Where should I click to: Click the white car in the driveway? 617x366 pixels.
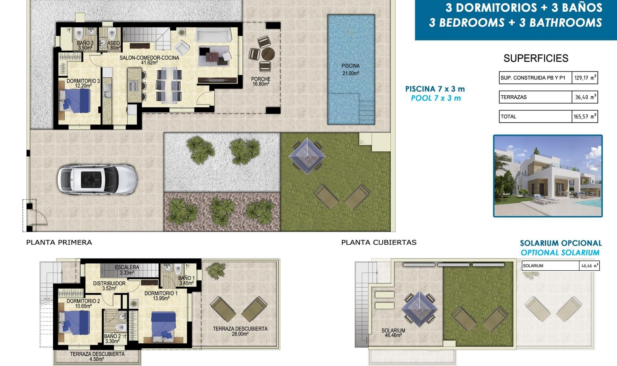[97, 179]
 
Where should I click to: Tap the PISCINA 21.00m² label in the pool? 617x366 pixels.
[350, 69]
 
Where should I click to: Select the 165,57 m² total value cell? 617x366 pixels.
[584, 117]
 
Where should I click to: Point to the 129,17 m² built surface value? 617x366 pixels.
[584, 78]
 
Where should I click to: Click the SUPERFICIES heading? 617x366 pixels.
[536, 58]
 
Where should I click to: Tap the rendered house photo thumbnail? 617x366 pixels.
[548, 176]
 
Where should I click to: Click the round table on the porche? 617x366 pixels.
[268, 54]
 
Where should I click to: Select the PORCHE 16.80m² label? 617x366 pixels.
[261, 81]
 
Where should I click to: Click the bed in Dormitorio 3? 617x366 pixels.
[75, 100]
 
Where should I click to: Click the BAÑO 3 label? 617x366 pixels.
[85, 45]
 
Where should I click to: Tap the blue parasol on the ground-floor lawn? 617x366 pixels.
[307, 156]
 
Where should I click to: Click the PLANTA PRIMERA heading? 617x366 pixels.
[59, 242]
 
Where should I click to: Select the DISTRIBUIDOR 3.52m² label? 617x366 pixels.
[109, 286]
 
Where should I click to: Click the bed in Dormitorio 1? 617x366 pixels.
[164, 325]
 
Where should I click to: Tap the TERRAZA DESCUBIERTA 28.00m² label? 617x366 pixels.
[240, 331]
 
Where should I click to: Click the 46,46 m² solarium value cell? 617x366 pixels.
[589, 266]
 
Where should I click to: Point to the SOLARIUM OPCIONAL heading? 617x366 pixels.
[560, 243]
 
